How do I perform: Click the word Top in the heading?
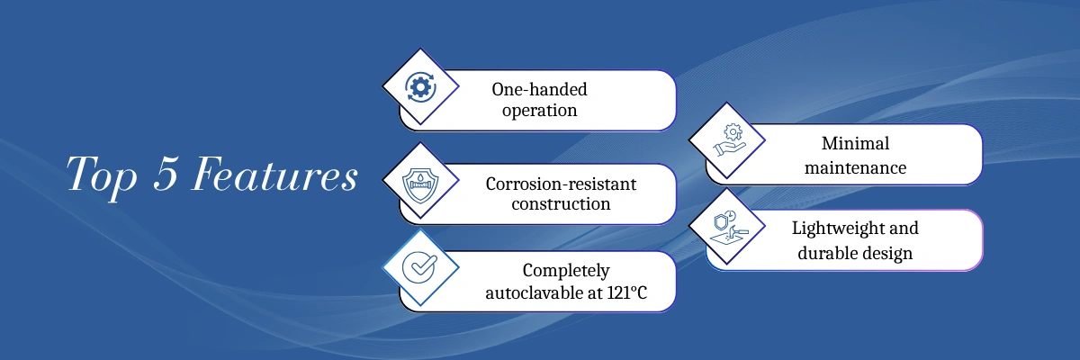click(x=102, y=176)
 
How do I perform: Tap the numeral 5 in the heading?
click(x=166, y=174)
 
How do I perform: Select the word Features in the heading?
click(x=275, y=174)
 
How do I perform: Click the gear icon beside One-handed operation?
click(x=420, y=87)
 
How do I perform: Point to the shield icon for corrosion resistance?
click(x=420, y=185)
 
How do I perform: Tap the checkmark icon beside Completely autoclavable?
click(x=420, y=267)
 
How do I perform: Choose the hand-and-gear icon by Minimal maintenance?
click(x=730, y=139)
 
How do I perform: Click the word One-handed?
click(x=539, y=90)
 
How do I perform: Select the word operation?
click(x=539, y=111)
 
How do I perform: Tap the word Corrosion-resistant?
click(x=561, y=184)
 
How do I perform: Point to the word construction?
click(x=561, y=204)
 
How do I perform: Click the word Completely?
click(x=566, y=271)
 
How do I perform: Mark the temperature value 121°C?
click(x=626, y=292)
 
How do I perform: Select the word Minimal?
click(x=855, y=144)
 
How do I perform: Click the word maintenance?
click(x=855, y=167)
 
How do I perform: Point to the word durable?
click(x=822, y=253)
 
